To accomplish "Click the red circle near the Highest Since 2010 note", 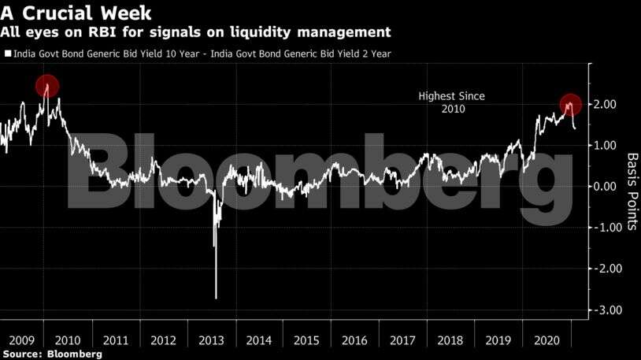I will [571, 104].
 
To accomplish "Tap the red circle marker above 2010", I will [47, 87].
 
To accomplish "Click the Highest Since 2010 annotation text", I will [451, 102].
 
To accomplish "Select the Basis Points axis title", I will [631, 192].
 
